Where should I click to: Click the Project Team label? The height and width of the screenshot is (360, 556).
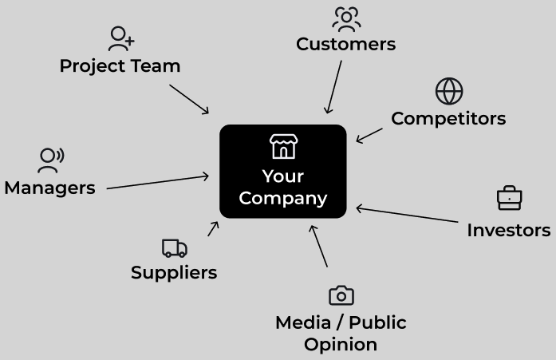click(120, 65)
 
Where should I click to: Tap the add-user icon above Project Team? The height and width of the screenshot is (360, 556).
click(121, 38)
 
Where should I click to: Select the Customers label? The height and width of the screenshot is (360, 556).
click(345, 44)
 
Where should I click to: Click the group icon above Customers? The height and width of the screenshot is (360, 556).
click(346, 18)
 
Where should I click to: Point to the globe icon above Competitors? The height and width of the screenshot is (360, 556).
click(449, 91)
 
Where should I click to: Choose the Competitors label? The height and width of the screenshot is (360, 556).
click(448, 118)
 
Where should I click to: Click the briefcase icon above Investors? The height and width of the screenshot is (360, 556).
click(509, 198)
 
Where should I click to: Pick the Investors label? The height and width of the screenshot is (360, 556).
click(508, 230)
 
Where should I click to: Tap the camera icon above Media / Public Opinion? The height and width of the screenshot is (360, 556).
click(341, 295)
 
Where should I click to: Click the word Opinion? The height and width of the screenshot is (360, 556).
click(341, 345)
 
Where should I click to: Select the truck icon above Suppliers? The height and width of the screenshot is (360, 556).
click(174, 248)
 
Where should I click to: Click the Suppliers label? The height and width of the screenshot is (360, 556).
click(174, 272)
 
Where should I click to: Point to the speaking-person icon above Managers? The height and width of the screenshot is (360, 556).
click(50, 160)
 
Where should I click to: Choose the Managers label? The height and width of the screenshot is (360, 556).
click(49, 188)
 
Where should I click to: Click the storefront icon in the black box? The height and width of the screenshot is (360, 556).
click(283, 146)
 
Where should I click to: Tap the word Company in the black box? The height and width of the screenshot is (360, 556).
click(283, 198)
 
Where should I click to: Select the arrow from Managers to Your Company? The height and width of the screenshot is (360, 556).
click(158, 182)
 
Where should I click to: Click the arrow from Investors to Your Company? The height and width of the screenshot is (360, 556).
click(408, 215)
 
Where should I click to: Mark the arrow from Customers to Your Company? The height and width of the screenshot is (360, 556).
click(333, 87)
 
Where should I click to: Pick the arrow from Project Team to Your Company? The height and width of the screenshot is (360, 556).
click(189, 98)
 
